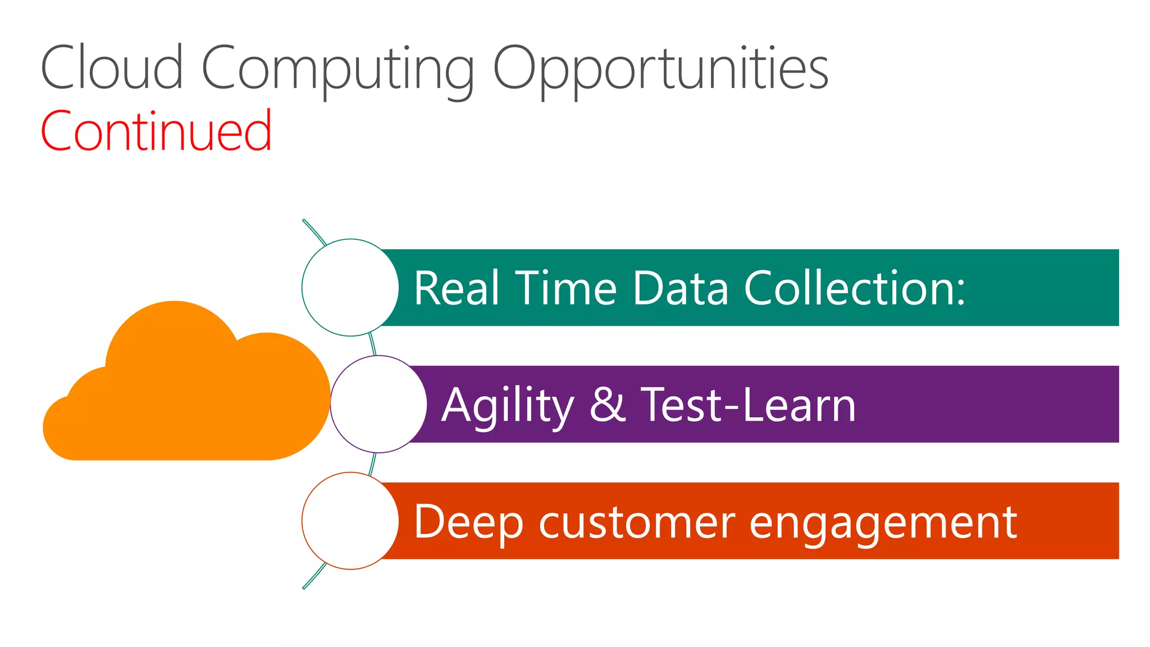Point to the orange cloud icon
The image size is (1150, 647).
[x=185, y=393]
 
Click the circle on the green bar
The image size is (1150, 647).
[x=350, y=288]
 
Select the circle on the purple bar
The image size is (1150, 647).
[x=378, y=404]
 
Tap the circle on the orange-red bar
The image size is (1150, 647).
[x=350, y=521]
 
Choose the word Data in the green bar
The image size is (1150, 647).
[x=680, y=288]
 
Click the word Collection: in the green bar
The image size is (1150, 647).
[x=854, y=288]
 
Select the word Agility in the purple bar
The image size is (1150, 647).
[x=508, y=406]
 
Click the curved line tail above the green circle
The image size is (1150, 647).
[x=313, y=231]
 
